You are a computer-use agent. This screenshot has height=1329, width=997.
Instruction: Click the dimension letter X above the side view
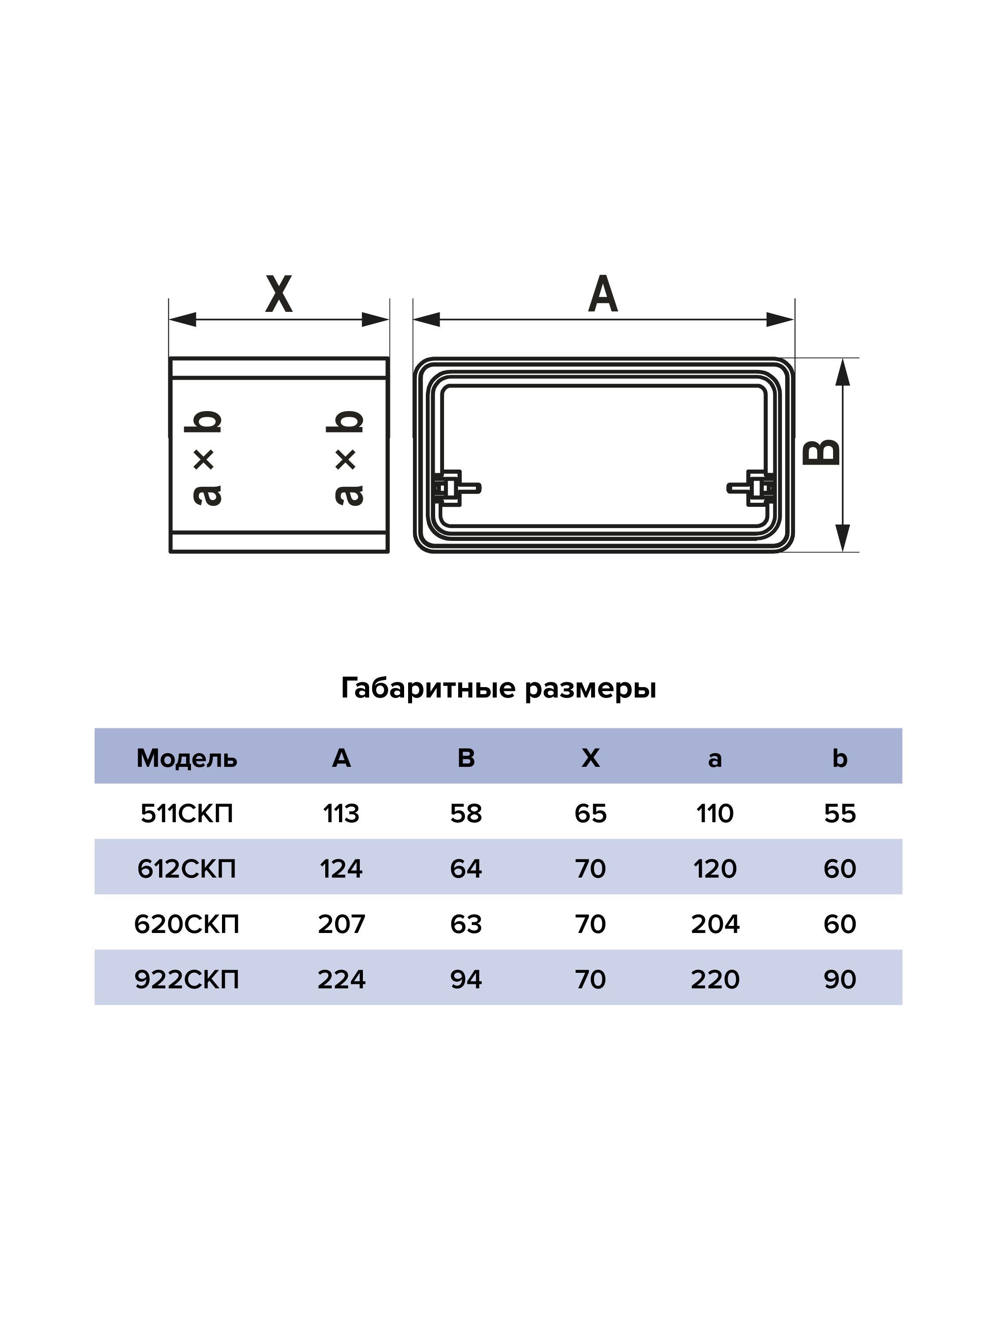(279, 295)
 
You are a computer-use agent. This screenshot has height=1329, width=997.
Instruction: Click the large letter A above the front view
(603, 295)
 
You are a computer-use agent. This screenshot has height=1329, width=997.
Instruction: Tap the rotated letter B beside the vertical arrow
(821, 452)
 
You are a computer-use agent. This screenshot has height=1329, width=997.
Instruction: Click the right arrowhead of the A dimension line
(780, 320)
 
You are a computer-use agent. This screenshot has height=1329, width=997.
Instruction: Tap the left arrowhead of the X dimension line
(183, 320)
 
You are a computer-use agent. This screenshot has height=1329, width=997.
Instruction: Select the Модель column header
(187, 758)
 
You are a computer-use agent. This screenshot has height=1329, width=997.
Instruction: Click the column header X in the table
(591, 758)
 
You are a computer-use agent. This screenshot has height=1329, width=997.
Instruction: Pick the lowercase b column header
(840, 758)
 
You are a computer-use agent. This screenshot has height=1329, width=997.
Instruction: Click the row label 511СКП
(187, 813)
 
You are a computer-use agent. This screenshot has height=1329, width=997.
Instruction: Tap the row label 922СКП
(187, 980)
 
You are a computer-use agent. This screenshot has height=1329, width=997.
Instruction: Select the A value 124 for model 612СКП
(341, 869)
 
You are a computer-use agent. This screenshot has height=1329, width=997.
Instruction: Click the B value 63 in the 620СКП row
(466, 924)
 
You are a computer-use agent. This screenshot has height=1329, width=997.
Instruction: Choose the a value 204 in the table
(715, 924)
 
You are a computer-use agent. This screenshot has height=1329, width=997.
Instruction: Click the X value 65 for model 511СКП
(591, 813)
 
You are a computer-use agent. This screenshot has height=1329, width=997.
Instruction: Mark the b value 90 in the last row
(840, 980)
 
